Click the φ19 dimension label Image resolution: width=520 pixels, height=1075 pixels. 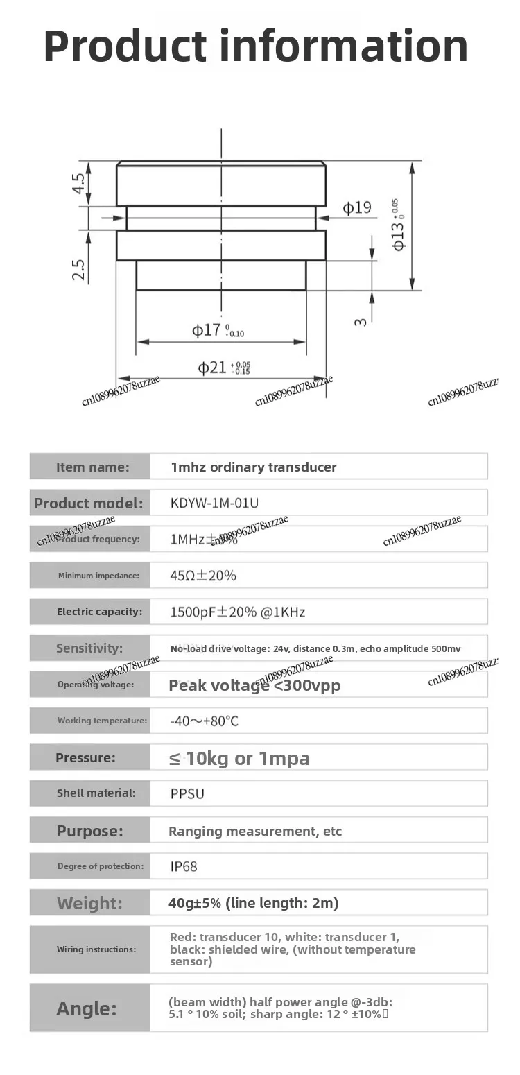pyautogui.click(x=357, y=207)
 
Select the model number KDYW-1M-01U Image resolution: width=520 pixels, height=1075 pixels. pyautogui.click(x=214, y=504)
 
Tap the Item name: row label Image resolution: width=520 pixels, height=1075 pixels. pyautogui.click(x=92, y=467)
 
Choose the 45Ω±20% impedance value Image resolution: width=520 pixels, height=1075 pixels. pyautogui.click(x=203, y=576)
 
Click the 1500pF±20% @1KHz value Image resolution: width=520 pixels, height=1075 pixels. pyautogui.click(x=237, y=612)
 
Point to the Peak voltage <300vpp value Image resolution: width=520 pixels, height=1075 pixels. pyautogui.click(x=254, y=685)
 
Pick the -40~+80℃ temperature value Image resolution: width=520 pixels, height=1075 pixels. pyautogui.click(x=204, y=721)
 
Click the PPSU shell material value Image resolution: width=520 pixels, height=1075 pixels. pyautogui.click(x=187, y=793)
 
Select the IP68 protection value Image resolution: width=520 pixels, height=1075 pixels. pyautogui.click(x=184, y=866)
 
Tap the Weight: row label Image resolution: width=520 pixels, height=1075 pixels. pyautogui.click(x=89, y=903)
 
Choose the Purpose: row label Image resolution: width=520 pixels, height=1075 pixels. pyautogui.click(x=89, y=831)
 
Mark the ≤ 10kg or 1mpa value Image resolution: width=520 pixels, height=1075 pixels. pyautogui.click(x=239, y=758)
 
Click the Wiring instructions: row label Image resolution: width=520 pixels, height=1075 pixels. pyautogui.click(x=96, y=949)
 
